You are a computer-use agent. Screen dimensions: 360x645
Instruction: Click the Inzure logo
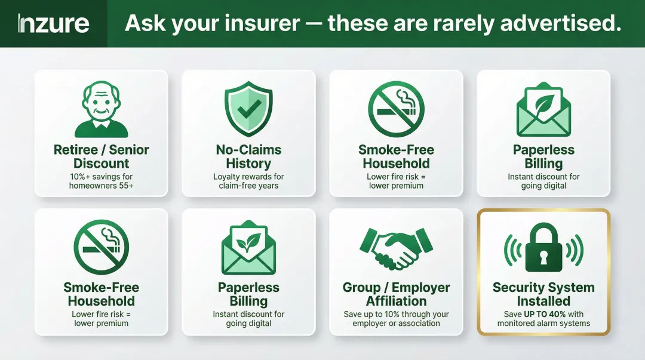[x=53, y=24]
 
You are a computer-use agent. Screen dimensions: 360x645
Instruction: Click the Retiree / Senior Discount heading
[x=101, y=156]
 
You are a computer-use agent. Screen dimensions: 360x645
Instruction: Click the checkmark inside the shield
[x=248, y=108]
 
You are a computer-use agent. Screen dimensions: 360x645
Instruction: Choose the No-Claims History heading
[x=248, y=156]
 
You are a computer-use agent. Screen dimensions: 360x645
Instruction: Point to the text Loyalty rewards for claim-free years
[x=248, y=181]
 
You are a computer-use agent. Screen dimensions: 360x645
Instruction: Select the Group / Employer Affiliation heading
[x=396, y=294]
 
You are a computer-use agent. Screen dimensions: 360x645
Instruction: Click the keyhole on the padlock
[x=543, y=257]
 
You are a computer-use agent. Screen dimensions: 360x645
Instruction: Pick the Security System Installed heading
[x=543, y=294]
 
